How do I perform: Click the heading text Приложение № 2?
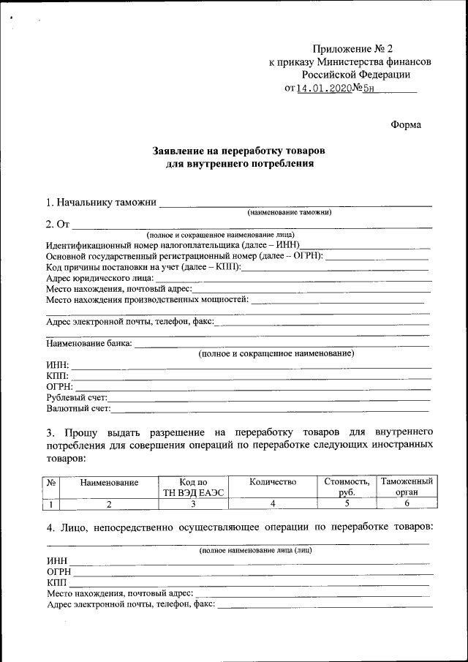point(357,48)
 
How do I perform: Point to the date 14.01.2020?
point(324,89)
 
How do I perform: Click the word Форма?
point(406,124)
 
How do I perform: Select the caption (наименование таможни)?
point(290,212)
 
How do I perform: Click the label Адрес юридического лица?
point(99,277)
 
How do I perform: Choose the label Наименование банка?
point(89,342)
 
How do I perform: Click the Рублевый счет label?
point(77,397)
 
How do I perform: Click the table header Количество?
point(272,482)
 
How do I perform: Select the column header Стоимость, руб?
point(347,487)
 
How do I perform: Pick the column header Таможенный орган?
point(407,487)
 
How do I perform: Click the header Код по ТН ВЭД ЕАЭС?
point(193,487)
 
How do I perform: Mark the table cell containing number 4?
point(272,504)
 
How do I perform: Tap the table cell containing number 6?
point(407,504)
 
